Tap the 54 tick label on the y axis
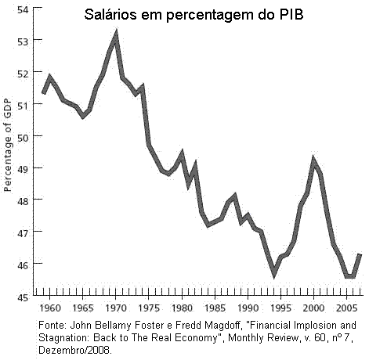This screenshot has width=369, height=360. (x=24, y=9)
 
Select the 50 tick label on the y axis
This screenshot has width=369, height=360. (x=24, y=137)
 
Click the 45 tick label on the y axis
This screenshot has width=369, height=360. (x=24, y=297)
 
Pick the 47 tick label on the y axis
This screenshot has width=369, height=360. (x=24, y=232)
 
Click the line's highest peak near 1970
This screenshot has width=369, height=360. (x=116, y=34)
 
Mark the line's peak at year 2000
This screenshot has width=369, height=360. (x=313, y=160)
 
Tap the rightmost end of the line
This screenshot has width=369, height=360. (x=360, y=254)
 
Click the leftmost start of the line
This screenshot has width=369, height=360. (x=43, y=94)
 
